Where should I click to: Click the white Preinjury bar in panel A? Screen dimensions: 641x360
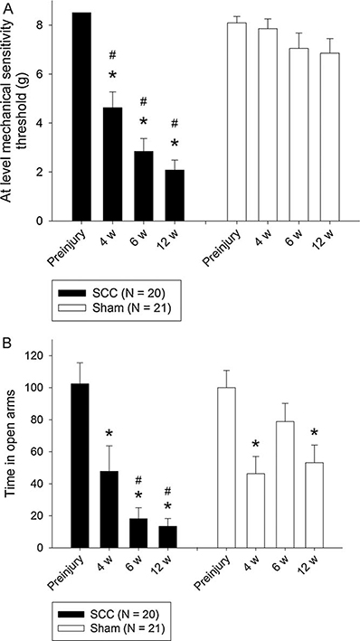click(x=236, y=122)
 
